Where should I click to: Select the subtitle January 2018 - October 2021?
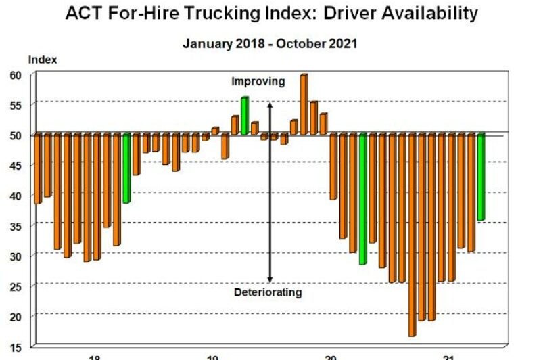click(x=270, y=43)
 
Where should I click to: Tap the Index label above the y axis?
click(x=43, y=60)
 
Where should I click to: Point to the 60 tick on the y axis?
click(x=16, y=75)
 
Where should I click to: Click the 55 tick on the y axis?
click(x=16, y=105)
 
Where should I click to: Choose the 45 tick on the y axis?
click(x=16, y=165)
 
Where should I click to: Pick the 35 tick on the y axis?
click(x=16, y=226)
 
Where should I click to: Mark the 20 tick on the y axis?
click(x=16, y=316)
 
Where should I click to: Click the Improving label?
click(x=258, y=81)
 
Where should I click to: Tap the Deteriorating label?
click(x=268, y=293)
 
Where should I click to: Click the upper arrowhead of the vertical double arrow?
click(x=269, y=106)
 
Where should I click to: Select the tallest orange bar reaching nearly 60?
click(x=304, y=104)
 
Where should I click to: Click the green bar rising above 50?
click(x=244, y=116)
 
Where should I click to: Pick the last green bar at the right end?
click(x=481, y=177)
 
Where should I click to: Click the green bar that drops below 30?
click(x=362, y=198)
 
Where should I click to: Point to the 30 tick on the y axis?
click(x=16, y=256)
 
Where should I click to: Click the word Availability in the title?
click(x=427, y=13)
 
